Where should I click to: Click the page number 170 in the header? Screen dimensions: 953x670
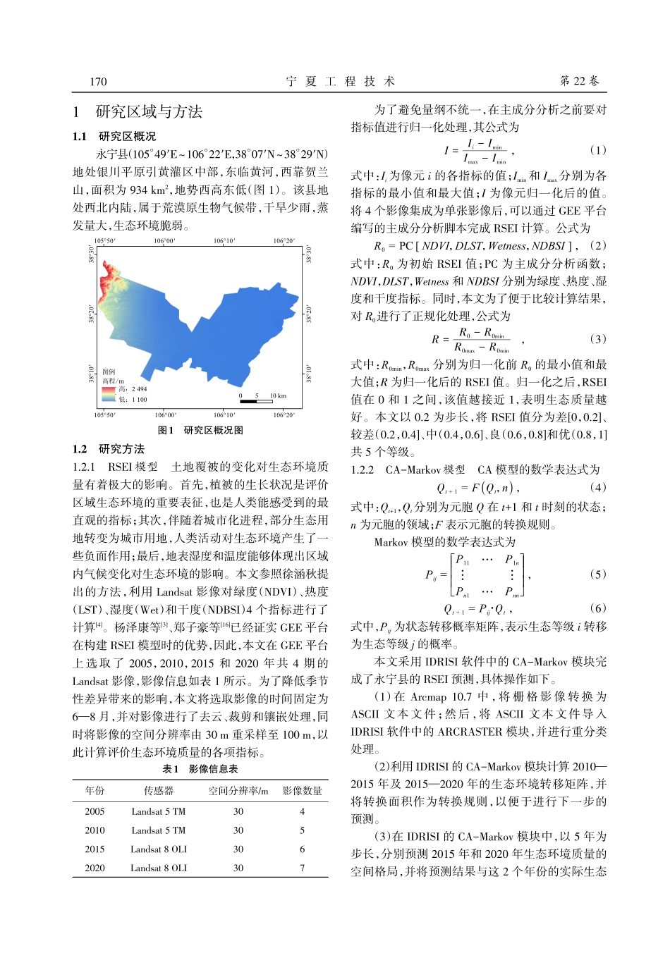[98, 81]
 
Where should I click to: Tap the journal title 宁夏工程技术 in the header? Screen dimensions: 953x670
[340, 81]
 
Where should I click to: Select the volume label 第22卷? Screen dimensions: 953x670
[579, 81]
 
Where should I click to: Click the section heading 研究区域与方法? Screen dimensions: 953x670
[149, 111]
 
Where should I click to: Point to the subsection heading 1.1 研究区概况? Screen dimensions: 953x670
[114, 136]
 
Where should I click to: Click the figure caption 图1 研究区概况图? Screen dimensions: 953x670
[200, 430]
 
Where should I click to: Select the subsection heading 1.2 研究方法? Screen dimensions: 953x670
[109, 449]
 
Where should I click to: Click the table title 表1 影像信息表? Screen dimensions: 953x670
[200, 769]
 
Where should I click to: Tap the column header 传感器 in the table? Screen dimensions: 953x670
[159, 791]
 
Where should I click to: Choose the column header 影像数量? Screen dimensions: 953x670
[302, 791]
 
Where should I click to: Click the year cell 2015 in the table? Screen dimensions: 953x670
[95, 849]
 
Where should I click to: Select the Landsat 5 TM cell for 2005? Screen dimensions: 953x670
[159, 811]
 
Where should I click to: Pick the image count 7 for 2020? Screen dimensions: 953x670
[302, 868]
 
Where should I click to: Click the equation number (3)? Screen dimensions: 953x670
[597, 339]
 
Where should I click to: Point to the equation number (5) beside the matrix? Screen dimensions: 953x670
[597, 574]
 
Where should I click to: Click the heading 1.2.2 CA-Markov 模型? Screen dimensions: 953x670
[408, 469]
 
